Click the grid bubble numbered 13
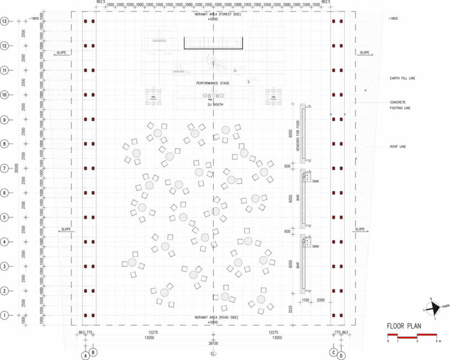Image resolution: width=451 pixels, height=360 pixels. [x=6, y=22]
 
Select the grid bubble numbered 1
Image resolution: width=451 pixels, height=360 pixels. [x=6, y=315]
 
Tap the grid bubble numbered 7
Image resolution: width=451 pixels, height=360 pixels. [x=6, y=168]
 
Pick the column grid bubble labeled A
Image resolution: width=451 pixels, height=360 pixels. [x=85, y=356]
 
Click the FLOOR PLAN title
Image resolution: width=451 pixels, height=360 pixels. [x=404, y=326]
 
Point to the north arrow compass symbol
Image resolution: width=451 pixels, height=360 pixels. [x=434, y=307]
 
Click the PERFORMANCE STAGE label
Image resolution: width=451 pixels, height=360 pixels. [x=212, y=83]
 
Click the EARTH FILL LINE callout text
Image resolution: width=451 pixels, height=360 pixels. [x=402, y=78]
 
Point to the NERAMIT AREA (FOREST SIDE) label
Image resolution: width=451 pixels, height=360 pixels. [x=214, y=14]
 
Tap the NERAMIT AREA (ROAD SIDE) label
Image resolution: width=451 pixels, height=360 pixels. [x=213, y=318]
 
